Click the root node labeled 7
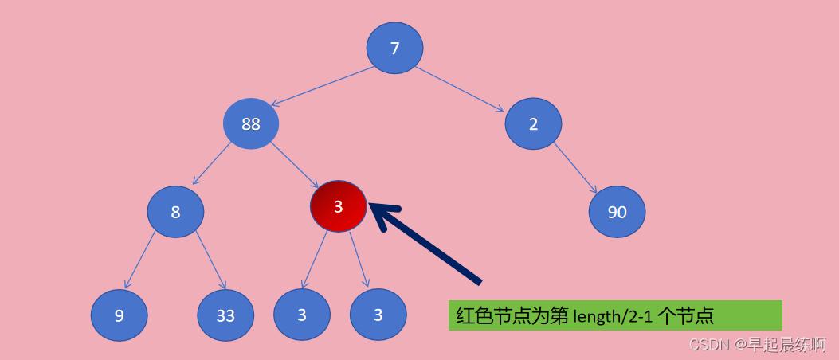tap(394, 48)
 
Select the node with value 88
tap(251, 123)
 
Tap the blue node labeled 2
tap(533, 123)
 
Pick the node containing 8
tap(175, 212)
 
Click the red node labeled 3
tap(338, 206)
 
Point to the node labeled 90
tap(617, 212)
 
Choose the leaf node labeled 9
tap(119, 315)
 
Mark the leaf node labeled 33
tap(225, 315)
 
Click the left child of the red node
tap(302, 315)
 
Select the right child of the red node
tap(378, 315)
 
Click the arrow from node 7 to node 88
tap(323, 86)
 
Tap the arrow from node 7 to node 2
tap(459, 88)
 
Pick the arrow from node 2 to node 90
tap(575, 168)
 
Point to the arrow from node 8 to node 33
tap(211, 260)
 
